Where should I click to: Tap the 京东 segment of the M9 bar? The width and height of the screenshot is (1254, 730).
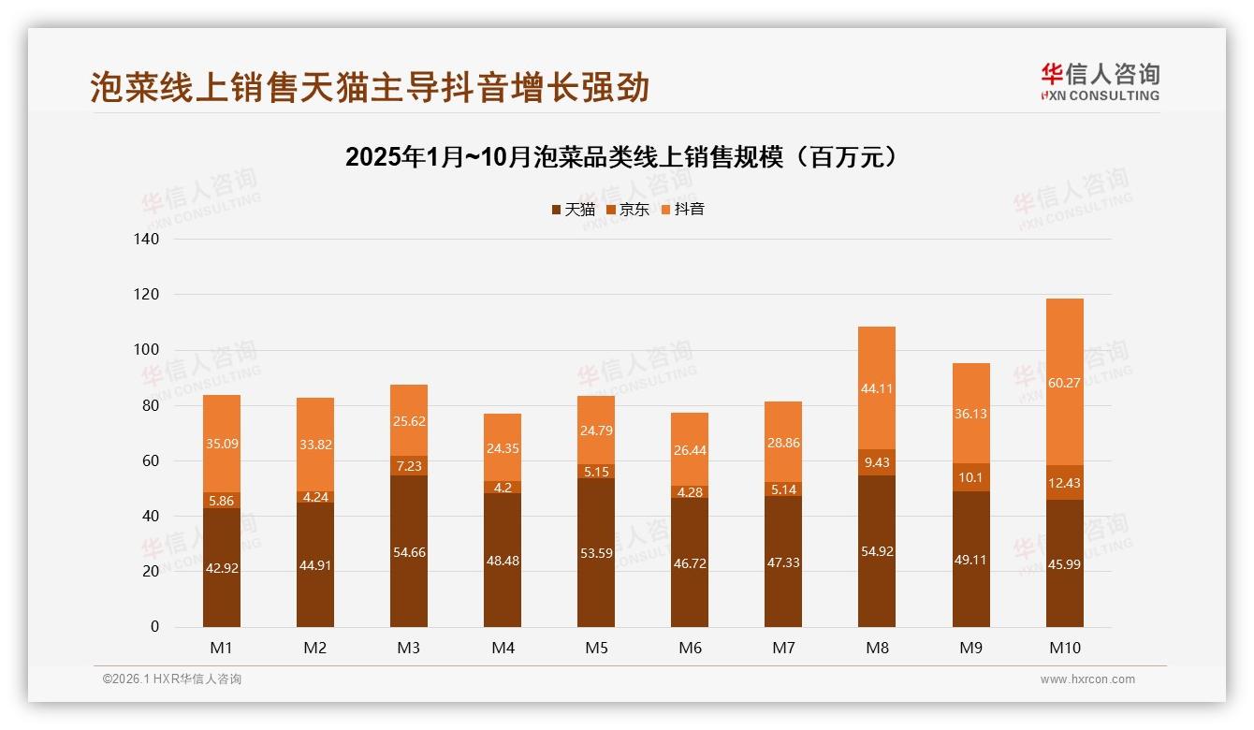970,477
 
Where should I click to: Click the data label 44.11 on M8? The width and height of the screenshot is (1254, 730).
877,389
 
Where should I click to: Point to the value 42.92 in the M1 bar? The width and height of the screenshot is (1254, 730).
222,567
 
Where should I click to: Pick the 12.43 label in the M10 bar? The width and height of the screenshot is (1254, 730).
1064,483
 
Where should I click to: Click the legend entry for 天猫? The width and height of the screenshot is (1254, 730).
574,210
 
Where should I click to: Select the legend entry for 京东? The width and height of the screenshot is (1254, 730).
628,210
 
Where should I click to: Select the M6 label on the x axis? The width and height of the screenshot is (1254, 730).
690,649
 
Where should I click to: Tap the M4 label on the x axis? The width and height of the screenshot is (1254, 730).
503,649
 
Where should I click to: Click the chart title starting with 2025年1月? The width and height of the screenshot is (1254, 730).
626,156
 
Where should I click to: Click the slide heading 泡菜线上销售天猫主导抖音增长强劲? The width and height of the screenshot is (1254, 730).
370,88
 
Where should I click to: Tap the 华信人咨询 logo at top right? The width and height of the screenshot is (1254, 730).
1100,81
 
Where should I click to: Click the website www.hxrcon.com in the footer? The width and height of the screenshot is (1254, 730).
1087,679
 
